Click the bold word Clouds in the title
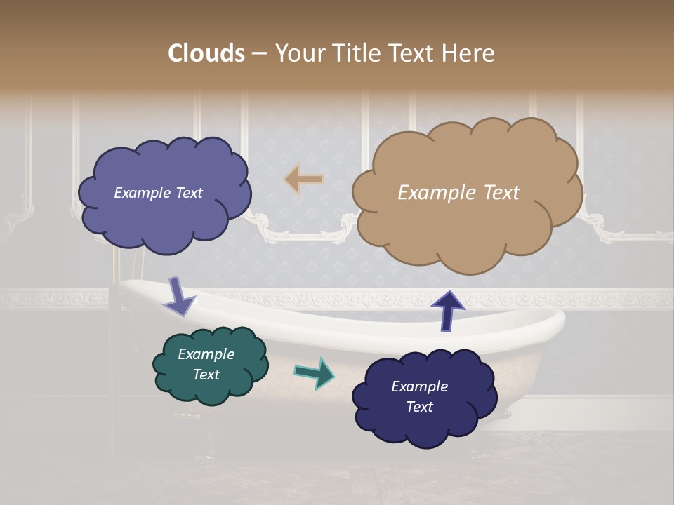(206, 53)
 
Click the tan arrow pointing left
(304, 180)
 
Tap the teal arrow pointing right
(315, 373)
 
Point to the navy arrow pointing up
(448, 311)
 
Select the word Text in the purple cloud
(187, 193)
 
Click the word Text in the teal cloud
(206, 375)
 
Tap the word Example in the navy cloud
(419, 386)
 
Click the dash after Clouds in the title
(258, 53)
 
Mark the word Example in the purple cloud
(141, 193)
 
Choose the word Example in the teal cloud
(206, 354)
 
